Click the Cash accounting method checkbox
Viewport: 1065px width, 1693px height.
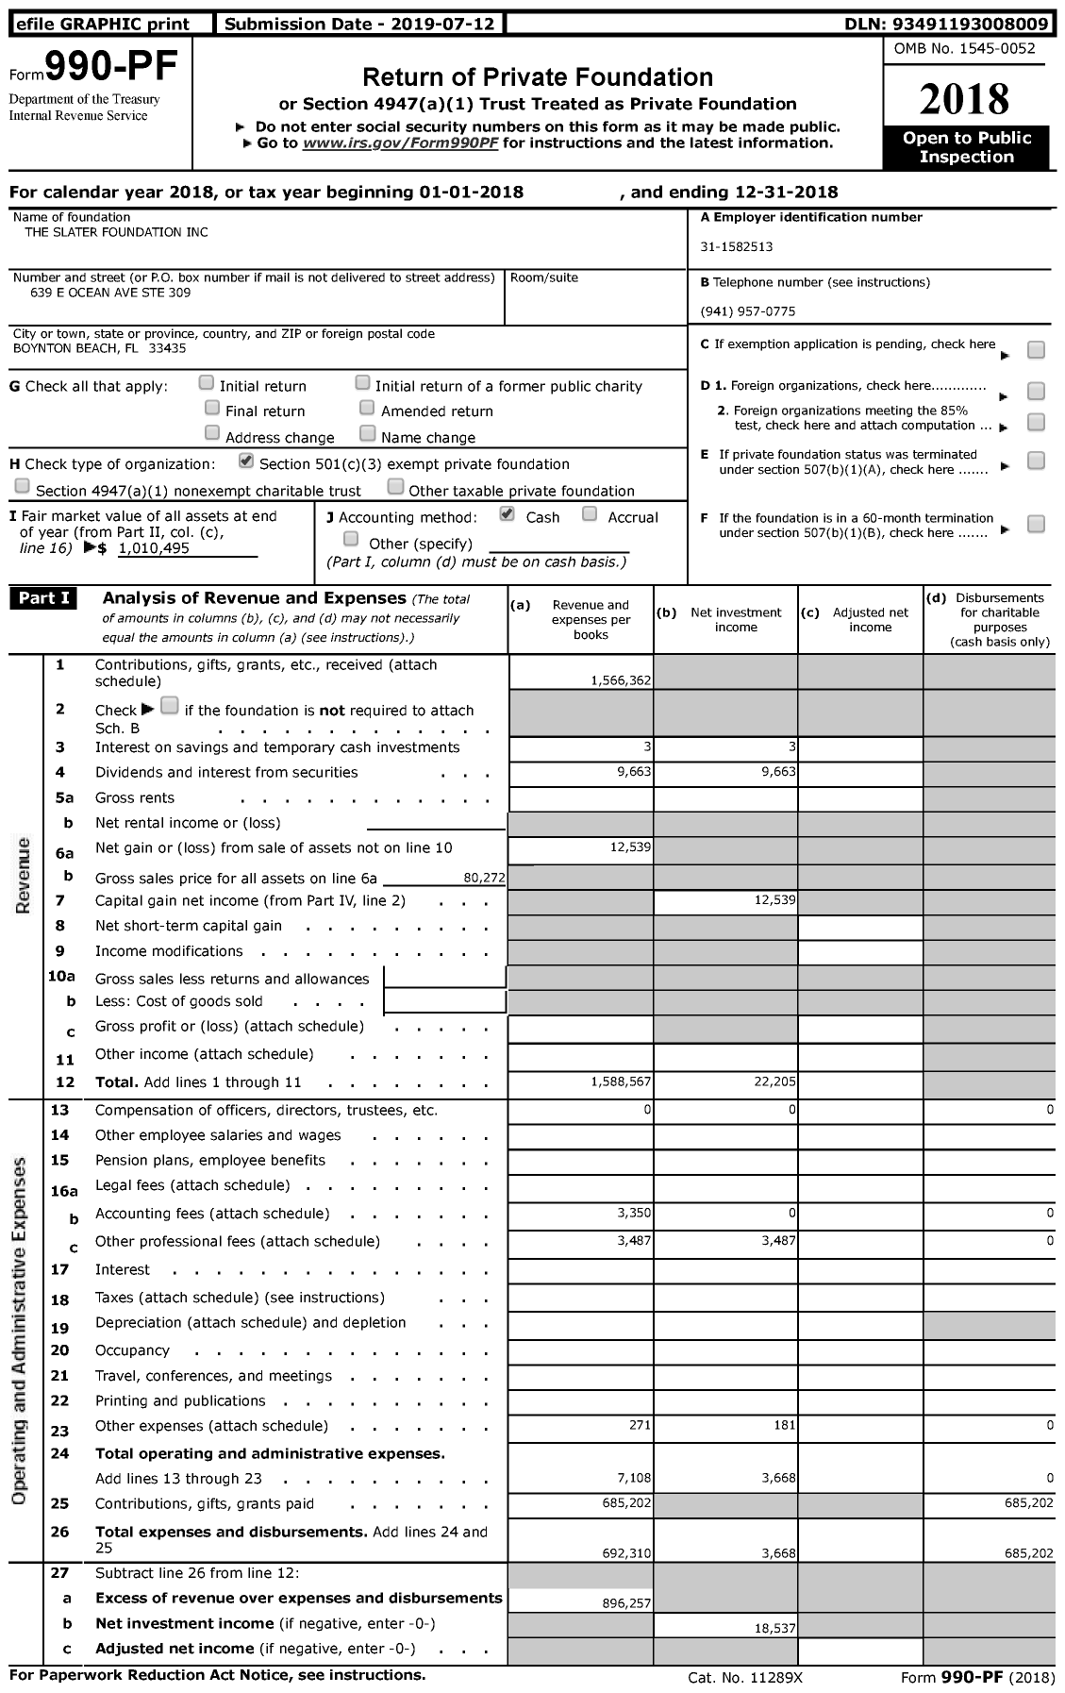click(x=507, y=514)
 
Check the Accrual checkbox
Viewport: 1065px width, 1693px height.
click(x=590, y=514)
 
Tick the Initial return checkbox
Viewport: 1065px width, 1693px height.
click(x=207, y=383)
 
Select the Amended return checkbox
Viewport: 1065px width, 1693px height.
click(x=367, y=409)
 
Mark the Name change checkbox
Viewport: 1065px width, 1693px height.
click(x=368, y=434)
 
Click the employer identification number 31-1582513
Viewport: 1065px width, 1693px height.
click(x=737, y=247)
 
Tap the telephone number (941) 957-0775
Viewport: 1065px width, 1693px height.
click(x=748, y=311)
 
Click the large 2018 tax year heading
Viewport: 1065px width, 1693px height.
click(x=965, y=99)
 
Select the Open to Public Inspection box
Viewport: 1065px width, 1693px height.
click(x=966, y=148)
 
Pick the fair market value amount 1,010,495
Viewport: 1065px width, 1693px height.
click(x=155, y=548)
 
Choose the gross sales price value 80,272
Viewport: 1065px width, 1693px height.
click(x=484, y=878)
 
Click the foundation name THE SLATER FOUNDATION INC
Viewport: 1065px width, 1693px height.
click(x=111, y=232)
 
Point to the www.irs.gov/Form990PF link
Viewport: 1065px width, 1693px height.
click(x=403, y=143)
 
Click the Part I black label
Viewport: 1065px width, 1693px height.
click(x=43, y=598)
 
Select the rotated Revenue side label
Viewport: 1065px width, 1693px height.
click(x=24, y=875)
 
